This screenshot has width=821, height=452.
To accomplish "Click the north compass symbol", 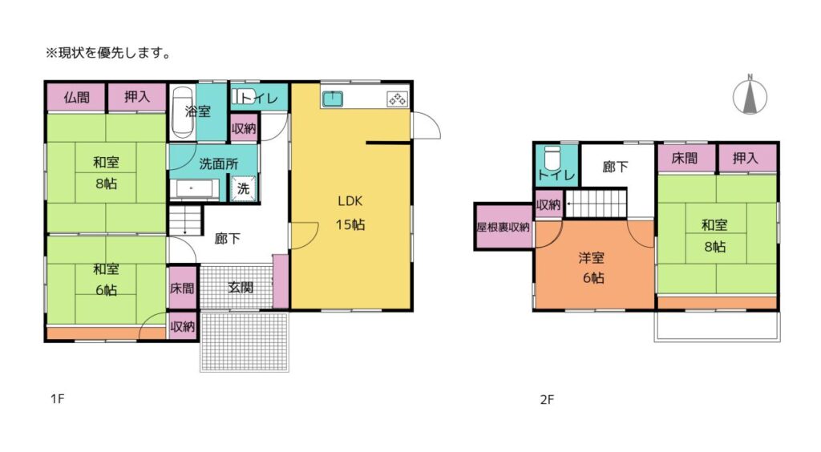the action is click(750, 95).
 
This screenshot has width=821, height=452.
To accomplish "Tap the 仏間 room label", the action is click(76, 97).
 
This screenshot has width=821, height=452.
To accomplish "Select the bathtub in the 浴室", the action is click(182, 112).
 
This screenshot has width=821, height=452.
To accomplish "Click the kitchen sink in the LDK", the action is click(333, 99).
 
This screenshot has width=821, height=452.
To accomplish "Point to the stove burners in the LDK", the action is click(397, 99).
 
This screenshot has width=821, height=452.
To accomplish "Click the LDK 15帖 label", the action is click(350, 213).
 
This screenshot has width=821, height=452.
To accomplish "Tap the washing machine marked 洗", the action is click(244, 188).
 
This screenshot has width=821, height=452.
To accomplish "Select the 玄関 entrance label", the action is click(241, 287).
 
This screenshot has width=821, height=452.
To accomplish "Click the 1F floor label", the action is click(57, 398).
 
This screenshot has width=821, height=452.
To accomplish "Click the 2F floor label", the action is click(547, 400).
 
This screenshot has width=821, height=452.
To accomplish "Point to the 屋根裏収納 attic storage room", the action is click(504, 227).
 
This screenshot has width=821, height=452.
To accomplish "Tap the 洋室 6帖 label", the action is click(592, 268).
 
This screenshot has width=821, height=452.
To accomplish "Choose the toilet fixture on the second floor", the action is click(552, 157).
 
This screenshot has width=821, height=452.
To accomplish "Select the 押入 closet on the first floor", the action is click(137, 97).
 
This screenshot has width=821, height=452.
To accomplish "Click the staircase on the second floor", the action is click(597, 203).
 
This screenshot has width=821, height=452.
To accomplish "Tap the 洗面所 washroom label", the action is click(218, 163).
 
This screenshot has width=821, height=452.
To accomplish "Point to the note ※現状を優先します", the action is click(109, 53).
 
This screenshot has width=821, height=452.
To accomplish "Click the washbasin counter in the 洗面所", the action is click(194, 189).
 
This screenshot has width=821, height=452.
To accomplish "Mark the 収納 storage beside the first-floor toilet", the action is click(244, 128).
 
